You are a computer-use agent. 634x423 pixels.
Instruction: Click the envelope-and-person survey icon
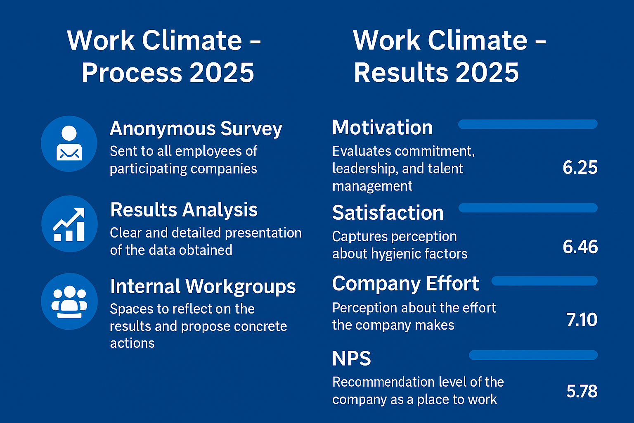(69, 143)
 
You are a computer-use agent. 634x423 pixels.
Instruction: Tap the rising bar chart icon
(69, 224)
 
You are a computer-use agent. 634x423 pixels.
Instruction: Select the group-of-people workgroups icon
(69, 301)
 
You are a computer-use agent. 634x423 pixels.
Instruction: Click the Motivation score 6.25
(580, 167)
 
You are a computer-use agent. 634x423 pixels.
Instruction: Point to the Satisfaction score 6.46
(580, 247)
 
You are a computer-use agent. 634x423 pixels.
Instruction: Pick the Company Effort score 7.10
(582, 320)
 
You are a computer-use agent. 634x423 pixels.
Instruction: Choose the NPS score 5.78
(582, 391)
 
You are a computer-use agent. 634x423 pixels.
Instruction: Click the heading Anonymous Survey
(196, 129)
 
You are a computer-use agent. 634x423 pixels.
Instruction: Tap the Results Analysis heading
(184, 210)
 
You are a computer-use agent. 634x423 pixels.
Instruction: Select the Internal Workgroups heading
(203, 287)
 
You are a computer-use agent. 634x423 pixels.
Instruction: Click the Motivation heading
(382, 127)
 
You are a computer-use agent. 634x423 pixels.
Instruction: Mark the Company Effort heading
(406, 283)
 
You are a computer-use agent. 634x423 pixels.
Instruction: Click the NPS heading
(352, 359)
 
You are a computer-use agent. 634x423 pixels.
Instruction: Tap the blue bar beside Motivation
(528, 124)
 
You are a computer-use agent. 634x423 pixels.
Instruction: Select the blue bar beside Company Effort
(544, 281)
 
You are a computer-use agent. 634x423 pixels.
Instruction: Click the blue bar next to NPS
(533, 355)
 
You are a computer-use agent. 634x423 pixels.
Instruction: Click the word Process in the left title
(132, 73)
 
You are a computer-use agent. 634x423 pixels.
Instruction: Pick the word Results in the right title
(401, 73)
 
